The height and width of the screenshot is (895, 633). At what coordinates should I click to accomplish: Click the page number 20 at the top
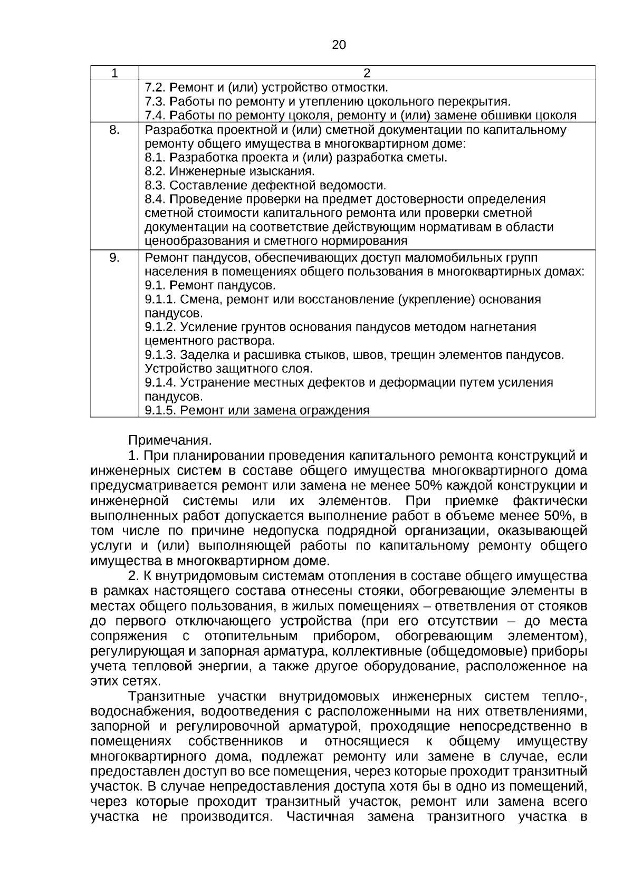coord(339,45)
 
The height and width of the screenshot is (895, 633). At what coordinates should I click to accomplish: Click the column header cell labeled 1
coord(114,73)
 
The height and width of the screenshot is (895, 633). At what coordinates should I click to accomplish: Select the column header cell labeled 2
coord(367,73)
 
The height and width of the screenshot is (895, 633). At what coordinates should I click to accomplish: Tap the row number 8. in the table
coord(114,130)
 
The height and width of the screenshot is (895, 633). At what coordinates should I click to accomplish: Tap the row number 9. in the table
coord(114,257)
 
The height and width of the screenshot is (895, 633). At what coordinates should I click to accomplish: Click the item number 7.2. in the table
coord(155,88)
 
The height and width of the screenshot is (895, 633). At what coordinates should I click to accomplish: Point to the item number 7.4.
coord(155,116)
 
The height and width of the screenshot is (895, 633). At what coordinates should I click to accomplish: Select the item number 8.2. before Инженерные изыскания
coord(155,171)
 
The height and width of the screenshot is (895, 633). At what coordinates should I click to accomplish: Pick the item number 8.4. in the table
coord(155,199)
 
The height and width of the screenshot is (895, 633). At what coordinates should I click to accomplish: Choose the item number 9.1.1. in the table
coord(160,300)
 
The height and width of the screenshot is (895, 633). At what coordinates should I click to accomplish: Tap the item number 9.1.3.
coord(160,355)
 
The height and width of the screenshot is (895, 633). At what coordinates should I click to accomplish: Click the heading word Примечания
coord(170,440)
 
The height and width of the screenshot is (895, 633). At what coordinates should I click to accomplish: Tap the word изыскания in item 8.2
coord(286,171)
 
